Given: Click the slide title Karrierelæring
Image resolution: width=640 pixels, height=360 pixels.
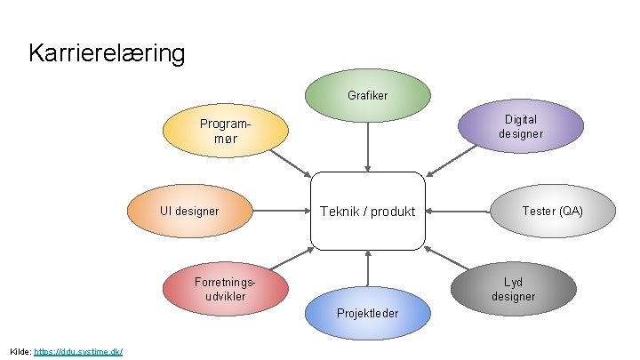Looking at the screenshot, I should tap(107, 53).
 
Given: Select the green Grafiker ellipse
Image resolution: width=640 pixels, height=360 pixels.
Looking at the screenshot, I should tap(367, 94).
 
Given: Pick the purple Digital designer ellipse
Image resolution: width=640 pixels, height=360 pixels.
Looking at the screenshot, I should tap(521, 126).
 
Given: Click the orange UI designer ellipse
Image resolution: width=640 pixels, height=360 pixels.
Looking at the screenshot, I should tap(189, 212).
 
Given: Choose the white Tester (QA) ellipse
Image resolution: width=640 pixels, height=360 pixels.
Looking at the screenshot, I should tap(552, 212).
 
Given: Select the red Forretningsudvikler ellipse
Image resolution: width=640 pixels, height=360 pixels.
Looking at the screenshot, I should tap(226, 288).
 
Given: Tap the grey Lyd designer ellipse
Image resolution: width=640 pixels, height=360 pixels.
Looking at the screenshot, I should tap(514, 289).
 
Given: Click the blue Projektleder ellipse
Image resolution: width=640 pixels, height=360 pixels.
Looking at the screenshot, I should tap(367, 314).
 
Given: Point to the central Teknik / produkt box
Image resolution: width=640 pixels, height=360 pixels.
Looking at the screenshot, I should tap(368, 212).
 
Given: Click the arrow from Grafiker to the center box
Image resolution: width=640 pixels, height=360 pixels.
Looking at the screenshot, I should tap(367, 144).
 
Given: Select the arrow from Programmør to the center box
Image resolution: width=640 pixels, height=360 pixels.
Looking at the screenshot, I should tap(290, 163).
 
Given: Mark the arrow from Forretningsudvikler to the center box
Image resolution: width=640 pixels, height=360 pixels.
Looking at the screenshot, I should tap(288, 258).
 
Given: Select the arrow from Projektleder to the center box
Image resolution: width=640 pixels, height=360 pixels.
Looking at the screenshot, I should tap(367, 272).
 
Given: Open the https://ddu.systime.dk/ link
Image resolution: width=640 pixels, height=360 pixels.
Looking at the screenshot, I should tap(77, 352).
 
